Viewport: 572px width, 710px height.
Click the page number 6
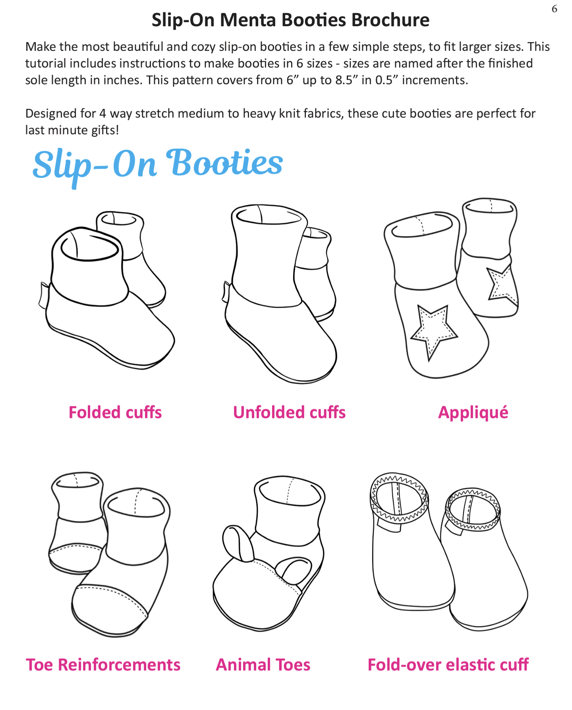(555, 9)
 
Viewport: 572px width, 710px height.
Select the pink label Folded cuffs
(115, 412)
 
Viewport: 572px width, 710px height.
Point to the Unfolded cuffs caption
(289, 412)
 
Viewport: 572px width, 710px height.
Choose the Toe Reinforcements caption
(103, 665)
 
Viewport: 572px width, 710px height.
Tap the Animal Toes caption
(263, 665)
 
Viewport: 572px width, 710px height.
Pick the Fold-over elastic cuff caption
(448, 665)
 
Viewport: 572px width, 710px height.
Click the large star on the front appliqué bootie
(433, 329)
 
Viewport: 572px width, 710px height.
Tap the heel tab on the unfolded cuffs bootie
(226, 292)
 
